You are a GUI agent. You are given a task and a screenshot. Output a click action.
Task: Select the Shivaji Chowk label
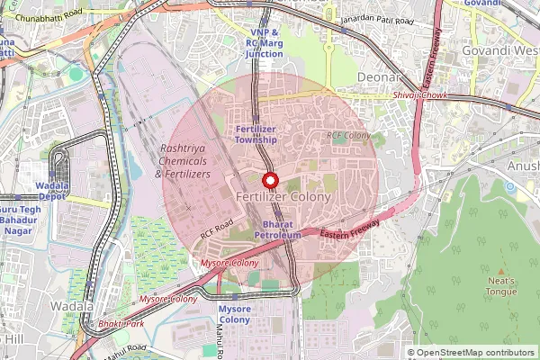tap(420, 95)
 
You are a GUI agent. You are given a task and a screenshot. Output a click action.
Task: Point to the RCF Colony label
tap(349, 136)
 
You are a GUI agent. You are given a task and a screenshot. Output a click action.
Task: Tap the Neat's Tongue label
tap(501, 285)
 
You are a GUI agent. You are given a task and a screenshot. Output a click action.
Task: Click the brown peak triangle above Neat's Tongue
tap(501, 269)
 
